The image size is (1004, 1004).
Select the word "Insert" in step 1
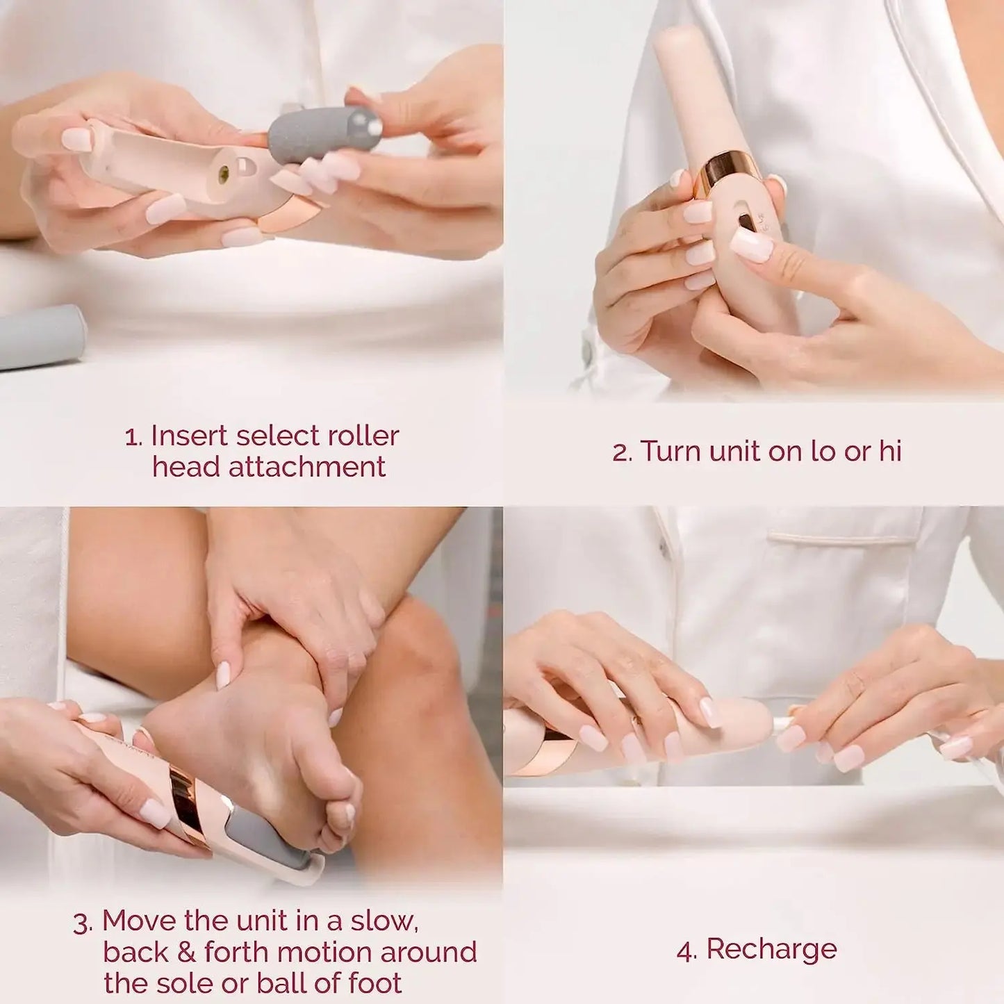click(189, 436)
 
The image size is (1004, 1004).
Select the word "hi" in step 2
click(890, 452)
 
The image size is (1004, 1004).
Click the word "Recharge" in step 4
click(771, 949)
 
